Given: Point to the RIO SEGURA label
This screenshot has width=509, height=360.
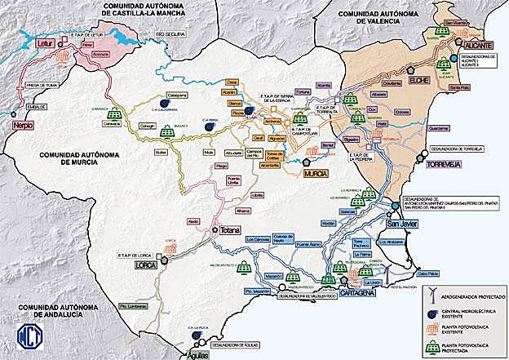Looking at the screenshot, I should click(x=160, y=34).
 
